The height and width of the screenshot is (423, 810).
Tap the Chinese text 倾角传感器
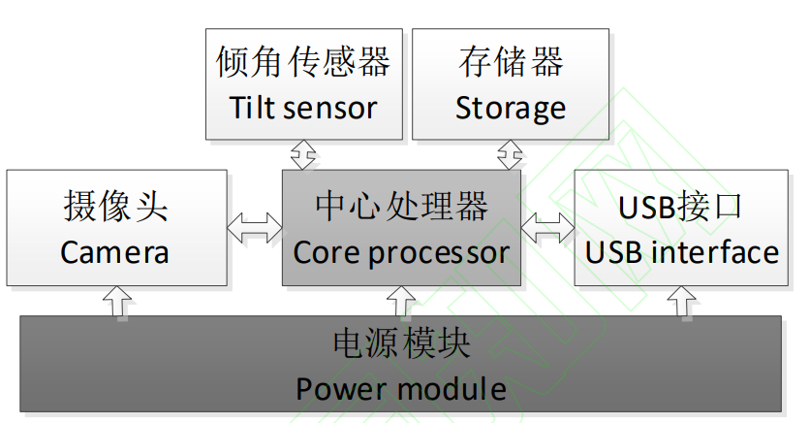click(303, 62)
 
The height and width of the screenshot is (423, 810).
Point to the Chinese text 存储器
click(511, 62)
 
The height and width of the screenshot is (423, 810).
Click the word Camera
click(115, 252)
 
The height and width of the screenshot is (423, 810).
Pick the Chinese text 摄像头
click(115, 206)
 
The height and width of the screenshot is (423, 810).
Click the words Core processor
click(401, 252)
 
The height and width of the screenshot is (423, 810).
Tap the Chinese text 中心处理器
click(401, 206)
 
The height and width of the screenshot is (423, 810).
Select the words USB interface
click(682, 252)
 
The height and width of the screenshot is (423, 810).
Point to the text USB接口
click(682, 206)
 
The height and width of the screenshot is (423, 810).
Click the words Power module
click(401, 389)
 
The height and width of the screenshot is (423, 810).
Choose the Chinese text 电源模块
click(401, 343)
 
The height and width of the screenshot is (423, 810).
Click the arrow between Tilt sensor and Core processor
click(304, 154)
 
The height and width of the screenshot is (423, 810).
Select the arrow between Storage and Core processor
click(510, 154)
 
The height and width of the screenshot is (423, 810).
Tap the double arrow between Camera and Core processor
click(255, 228)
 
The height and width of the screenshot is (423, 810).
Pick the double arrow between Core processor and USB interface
click(547, 228)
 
